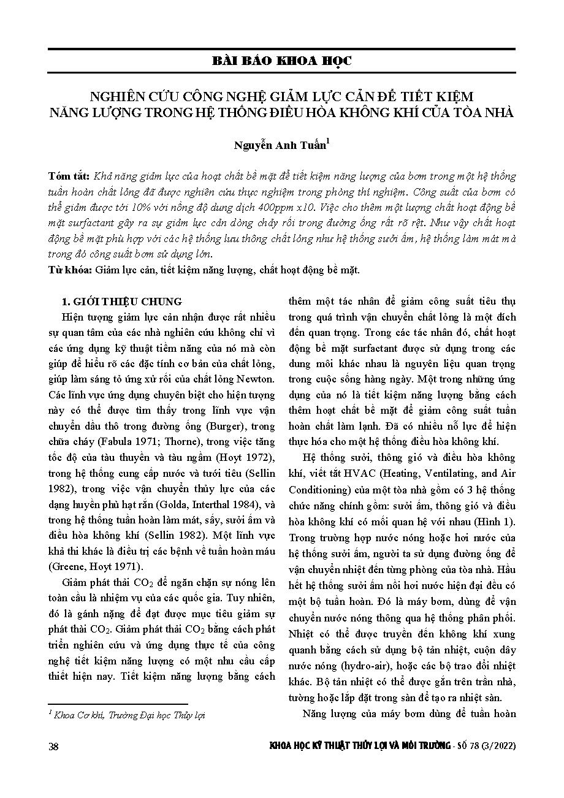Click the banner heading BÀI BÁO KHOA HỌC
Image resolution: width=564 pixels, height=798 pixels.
click(x=282, y=61)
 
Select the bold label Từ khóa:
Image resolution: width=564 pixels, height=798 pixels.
click(x=69, y=269)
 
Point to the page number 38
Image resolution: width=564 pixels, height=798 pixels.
click(x=53, y=746)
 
